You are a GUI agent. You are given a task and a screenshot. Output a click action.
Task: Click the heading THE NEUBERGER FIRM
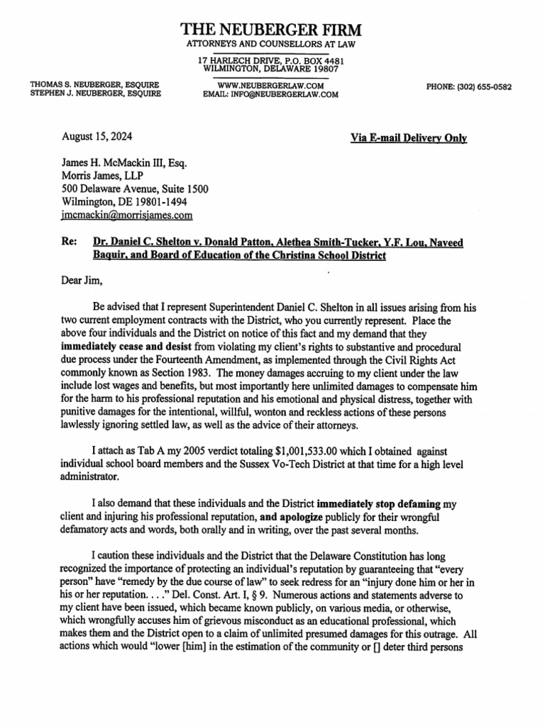point(271,30)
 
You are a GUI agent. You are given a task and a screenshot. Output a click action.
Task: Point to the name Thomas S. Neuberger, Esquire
point(95,84)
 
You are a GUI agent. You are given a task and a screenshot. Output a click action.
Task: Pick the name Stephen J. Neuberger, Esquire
point(95,94)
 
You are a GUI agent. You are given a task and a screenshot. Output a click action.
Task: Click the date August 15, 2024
point(97,137)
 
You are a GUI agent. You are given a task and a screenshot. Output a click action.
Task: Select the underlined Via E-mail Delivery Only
point(408,138)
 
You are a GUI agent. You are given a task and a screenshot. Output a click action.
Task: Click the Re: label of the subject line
point(70,242)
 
